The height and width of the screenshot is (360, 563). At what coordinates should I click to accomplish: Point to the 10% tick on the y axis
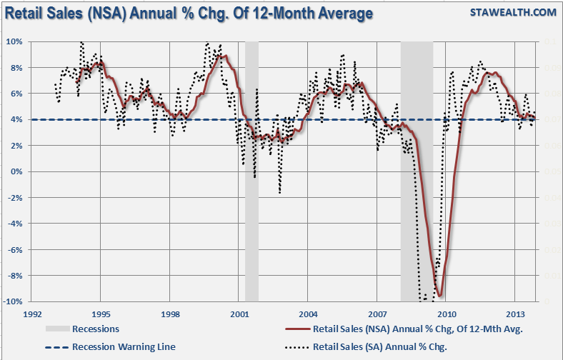pyautogui.click(x=15, y=41)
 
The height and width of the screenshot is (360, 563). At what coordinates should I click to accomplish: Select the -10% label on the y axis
pyautogui.click(x=14, y=301)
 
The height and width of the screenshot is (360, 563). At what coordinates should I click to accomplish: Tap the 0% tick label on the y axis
pyautogui.click(x=17, y=171)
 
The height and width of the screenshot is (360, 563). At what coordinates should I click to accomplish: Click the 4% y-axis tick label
pyautogui.click(x=17, y=119)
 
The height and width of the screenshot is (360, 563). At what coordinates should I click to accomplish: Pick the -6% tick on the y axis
pyautogui.click(x=16, y=249)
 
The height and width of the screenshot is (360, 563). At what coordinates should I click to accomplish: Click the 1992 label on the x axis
pyautogui.click(x=31, y=314)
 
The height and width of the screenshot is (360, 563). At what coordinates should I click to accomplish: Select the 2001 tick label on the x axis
pyautogui.click(x=239, y=314)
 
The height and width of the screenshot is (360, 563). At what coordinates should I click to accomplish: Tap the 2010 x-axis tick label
pyautogui.click(x=447, y=314)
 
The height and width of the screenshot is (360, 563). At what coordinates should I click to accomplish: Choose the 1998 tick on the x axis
pyautogui.click(x=170, y=314)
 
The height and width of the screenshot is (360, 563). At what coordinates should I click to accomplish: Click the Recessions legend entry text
pyautogui.click(x=96, y=329)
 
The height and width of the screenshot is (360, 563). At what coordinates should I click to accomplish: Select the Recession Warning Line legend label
pyautogui.click(x=124, y=346)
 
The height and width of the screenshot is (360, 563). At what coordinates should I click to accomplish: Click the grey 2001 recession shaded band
pyautogui.click(x=251, y=171)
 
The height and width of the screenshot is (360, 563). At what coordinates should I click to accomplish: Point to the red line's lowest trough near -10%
pyautogui.click(x=440, y=295)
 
